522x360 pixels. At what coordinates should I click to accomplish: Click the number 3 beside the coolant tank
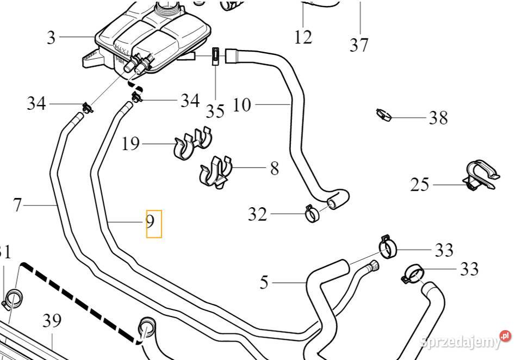(x=51, y=38)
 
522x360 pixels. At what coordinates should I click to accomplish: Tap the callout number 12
(x=303, y=37)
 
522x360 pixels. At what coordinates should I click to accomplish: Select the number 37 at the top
(x=359, y=45)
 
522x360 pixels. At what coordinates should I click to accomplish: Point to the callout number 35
(x=215, y=111)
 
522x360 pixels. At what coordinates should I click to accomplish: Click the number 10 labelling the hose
(x=242, y=104)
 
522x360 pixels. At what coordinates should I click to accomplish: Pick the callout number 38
(x=438, y=117)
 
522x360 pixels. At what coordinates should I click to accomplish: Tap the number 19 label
(x=130, y=144)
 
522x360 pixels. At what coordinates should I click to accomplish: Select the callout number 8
(x=274, y=168)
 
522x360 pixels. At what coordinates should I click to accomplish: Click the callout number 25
(x=420, y=185)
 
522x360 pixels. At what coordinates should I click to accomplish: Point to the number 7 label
(x=17, y=206)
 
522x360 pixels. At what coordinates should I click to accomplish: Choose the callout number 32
(x=257, y=215)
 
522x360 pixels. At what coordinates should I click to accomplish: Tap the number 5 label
(x=264, y=283)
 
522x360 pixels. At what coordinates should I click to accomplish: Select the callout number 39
(x=52, y=321)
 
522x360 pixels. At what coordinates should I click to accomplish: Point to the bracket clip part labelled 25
(x=481, y=176)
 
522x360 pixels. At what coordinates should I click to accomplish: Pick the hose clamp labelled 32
(x=312, y=213)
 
